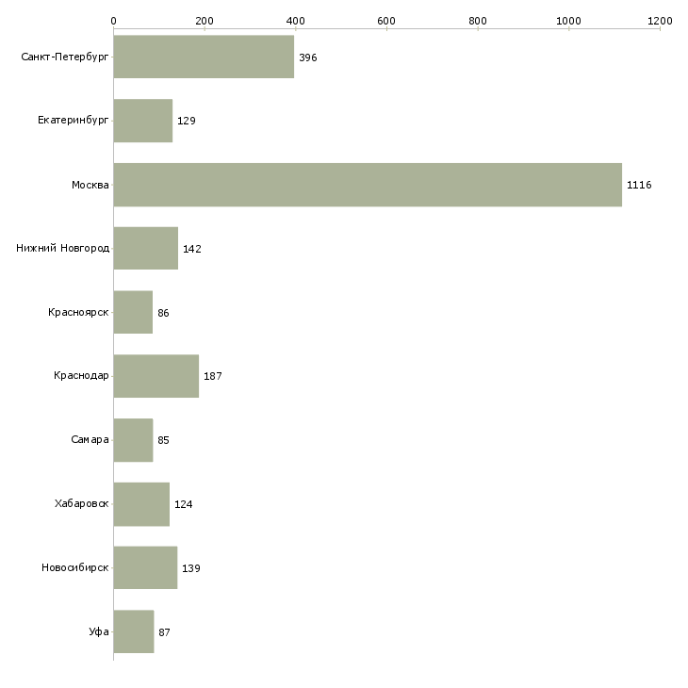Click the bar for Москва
[x=368, y=185]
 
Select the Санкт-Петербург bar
[x=204, y=57]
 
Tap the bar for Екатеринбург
[x=142, y=121]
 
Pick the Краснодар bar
[x=156, y=376]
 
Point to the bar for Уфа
[x=133, y=631]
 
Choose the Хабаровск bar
[x=141, y=504]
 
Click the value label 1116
[x=639, y=185]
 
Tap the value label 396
[x=308, y=57]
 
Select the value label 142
[x=192, y=249]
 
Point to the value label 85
[x=164, y=440]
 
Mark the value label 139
[x=191, y=568]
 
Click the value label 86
[x=164, y=313]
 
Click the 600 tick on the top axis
[x=386, y=20]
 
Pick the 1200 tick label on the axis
[x=660, y=20]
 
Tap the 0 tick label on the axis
[x=113, y=20]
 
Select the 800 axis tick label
[x=478, y=20]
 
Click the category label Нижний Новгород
[x=63, y=249]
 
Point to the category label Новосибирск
[x=75, y=568]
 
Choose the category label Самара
[x=90, y=440]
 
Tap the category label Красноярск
[x=79, y=313]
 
